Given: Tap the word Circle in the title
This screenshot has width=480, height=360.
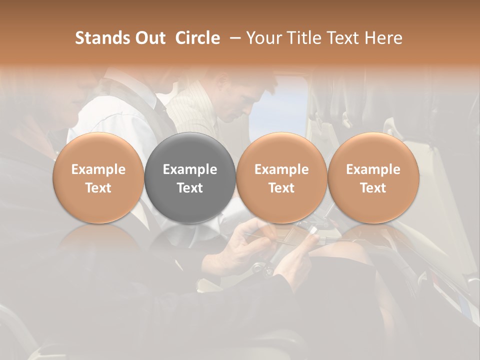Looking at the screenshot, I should pos(197,38).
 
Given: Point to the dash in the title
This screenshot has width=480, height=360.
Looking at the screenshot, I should pos(233,38).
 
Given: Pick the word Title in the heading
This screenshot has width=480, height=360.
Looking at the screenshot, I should pos(301,38).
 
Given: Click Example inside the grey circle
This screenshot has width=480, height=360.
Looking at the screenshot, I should pos(190,169).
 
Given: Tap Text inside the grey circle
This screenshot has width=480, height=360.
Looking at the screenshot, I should pos(190,188).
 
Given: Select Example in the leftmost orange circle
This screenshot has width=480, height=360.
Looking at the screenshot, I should pos(98,169).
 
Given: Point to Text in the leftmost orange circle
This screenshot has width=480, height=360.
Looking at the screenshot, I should pos(98,188).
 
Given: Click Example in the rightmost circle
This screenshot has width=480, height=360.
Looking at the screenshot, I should pos(373,169).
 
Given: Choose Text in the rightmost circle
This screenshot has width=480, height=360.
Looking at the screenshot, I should pos(373,188).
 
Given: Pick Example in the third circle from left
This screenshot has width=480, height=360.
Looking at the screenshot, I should pos(281,169).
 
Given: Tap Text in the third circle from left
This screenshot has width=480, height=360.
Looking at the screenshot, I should pos(281,188).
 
